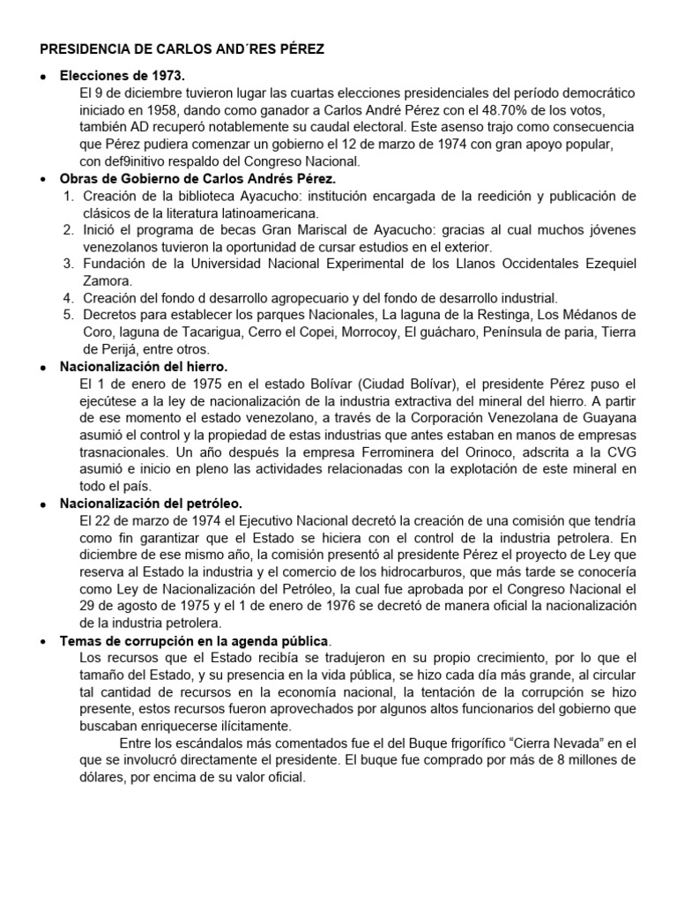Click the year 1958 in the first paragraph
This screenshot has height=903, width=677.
[187, 111]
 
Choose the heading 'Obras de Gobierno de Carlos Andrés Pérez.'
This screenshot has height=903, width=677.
[197, 179]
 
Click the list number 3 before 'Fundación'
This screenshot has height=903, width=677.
[68, 264]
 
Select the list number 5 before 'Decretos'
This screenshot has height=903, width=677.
[68, 315]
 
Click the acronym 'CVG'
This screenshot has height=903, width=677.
[617, 451]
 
